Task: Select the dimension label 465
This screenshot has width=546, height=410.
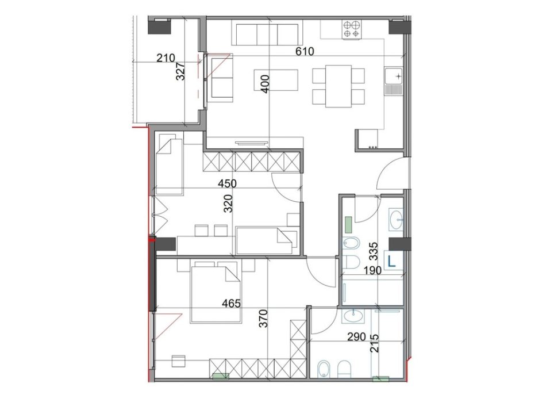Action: coord(230,302)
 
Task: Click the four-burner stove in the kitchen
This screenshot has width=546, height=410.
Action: coord(352,29)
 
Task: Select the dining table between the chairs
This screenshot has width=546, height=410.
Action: coord(339,86)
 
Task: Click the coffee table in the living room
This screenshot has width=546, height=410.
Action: coord(276,80)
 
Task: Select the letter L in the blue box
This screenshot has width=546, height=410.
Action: coord(392,261)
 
